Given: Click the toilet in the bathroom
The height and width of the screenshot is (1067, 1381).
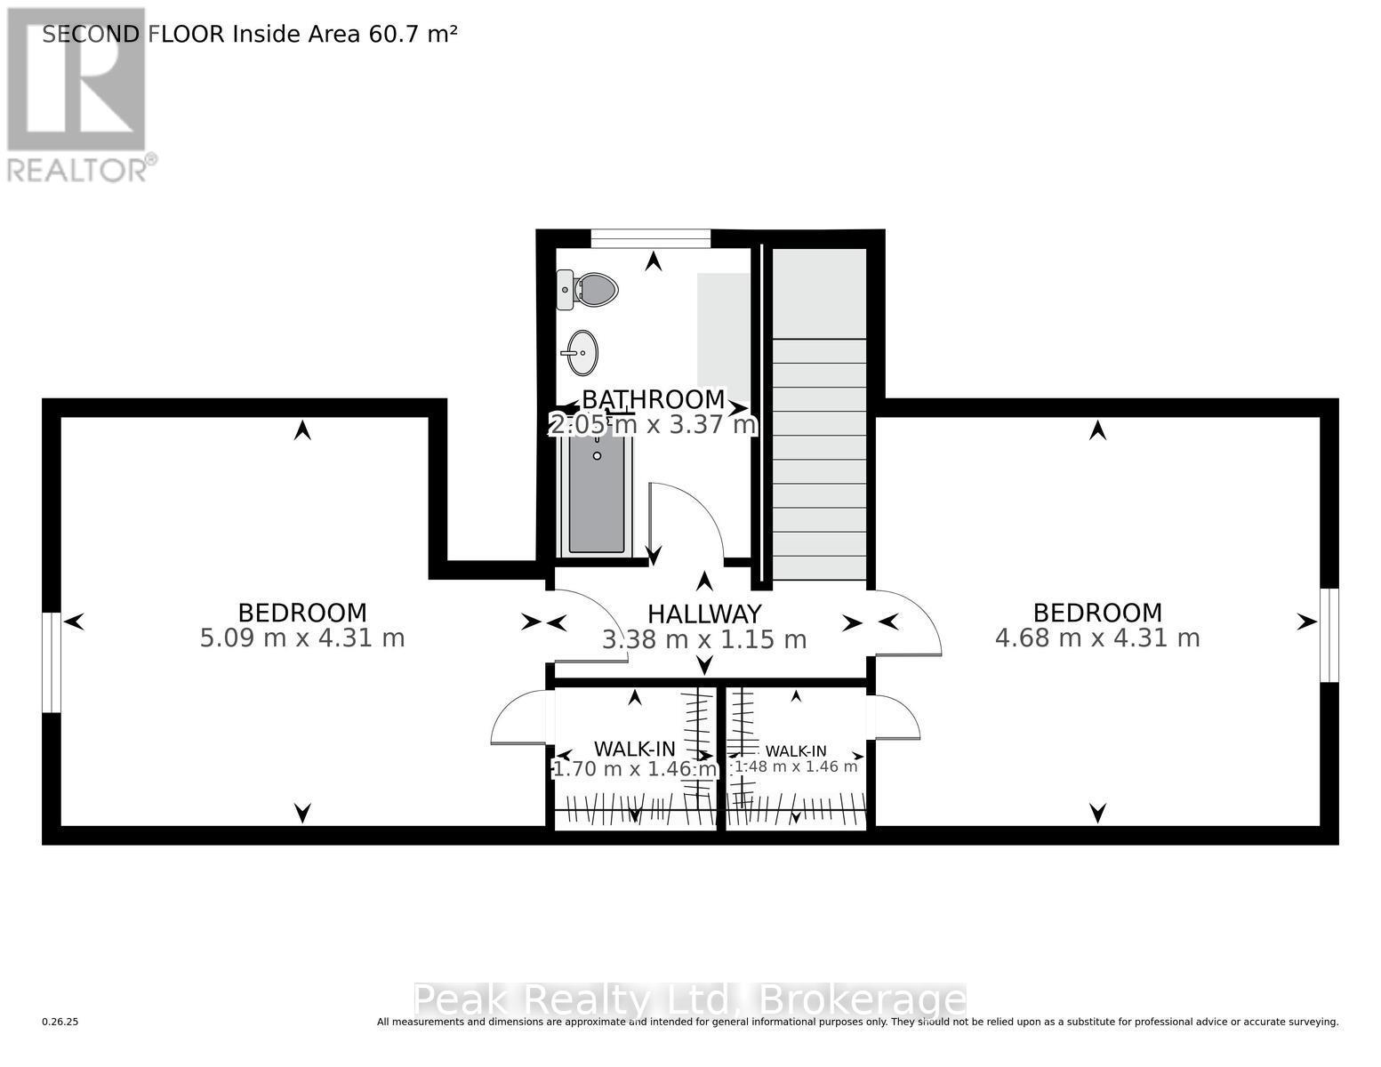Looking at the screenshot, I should click(590, 290).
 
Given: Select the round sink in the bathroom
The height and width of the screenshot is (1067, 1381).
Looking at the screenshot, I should click(582, 353).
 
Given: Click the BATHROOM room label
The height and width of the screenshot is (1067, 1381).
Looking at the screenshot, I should click(654, 399).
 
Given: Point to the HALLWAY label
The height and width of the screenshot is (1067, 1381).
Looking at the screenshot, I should click(704, 614).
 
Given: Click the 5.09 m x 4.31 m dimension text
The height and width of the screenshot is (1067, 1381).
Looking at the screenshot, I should click(302, 638).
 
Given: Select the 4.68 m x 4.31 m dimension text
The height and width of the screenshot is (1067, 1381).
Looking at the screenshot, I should click(1097, 638).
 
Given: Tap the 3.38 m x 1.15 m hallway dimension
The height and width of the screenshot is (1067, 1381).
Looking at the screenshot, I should click(704, 640).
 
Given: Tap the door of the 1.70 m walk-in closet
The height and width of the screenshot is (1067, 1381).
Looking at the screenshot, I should click(518, 718).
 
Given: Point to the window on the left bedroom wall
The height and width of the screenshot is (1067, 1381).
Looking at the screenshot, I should click(52, 662).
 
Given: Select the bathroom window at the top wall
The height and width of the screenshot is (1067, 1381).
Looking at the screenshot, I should click(651, 237).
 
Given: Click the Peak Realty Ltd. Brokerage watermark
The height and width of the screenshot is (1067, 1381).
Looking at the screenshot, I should click(689, 1000).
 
